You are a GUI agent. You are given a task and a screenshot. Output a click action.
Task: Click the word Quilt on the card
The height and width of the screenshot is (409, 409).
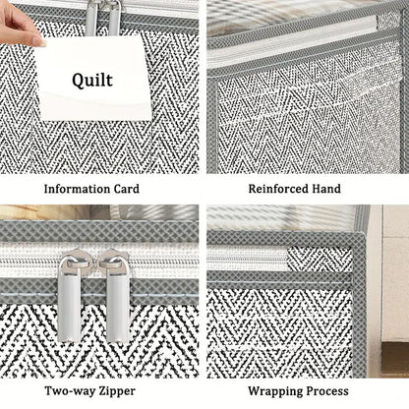[x=92, y=81]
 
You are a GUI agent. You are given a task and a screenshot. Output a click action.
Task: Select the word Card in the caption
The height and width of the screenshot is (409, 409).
[x=127, y=189]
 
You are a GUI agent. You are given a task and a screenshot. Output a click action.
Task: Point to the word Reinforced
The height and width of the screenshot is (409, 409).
[x=278, y=189]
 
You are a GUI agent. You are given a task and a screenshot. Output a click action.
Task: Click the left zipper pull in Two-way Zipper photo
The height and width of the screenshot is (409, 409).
[x=70, y=296]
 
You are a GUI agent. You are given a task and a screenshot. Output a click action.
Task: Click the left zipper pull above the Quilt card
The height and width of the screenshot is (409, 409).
[x=91, y=18]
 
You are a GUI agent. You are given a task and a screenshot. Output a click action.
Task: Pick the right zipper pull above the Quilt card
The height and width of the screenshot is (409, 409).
[x=114, y=18]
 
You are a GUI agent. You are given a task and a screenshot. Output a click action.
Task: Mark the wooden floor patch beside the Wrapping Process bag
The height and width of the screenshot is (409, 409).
[x=395, y=359]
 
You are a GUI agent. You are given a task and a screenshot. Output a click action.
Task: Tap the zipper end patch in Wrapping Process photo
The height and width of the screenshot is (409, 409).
[x=320, y=259]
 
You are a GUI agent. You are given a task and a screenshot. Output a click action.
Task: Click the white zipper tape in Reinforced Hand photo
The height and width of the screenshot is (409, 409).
[x=293, y=32]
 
